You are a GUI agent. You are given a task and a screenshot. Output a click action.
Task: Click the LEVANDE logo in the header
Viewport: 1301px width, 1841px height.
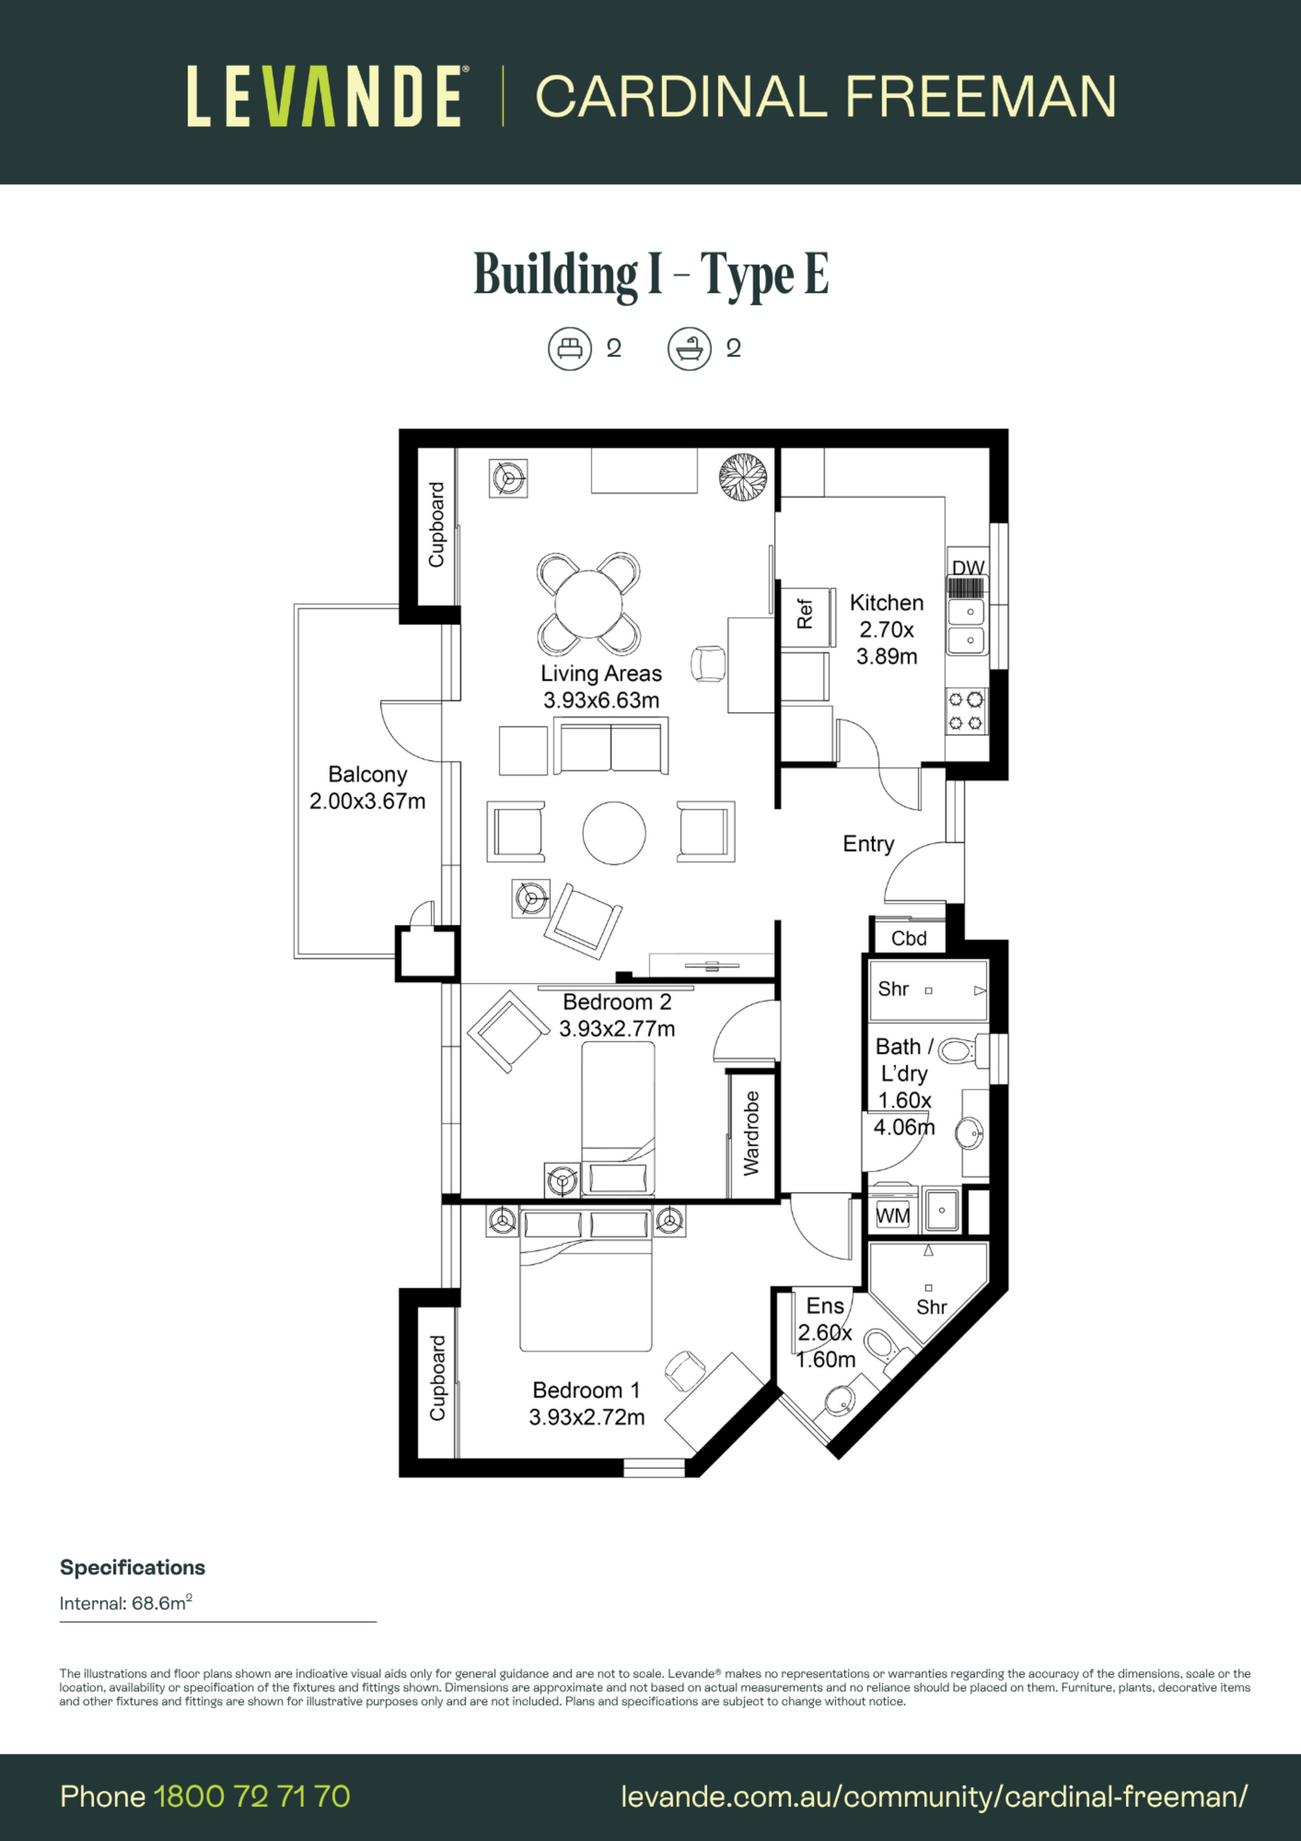point(325,96)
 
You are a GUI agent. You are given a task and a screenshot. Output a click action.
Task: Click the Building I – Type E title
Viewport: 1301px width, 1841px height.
point(651,275)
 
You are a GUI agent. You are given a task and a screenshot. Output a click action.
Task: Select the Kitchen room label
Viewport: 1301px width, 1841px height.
point(886,602)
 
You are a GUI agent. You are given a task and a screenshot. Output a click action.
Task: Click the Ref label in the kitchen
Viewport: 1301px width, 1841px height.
point(804,613)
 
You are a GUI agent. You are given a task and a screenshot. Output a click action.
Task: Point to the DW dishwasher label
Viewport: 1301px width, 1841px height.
point(968,568)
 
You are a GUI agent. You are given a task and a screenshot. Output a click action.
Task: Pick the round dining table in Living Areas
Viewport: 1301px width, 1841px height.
point(588,605)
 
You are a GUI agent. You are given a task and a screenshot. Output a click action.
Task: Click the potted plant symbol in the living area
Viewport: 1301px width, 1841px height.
point(742,478)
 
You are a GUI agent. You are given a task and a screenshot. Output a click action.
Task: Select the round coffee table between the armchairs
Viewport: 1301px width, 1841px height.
point(614,833)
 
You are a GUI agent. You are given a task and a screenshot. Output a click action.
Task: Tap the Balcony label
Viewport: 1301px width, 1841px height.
point(368,775)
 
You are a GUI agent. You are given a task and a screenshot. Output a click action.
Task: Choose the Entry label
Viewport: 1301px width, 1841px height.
point(868,845)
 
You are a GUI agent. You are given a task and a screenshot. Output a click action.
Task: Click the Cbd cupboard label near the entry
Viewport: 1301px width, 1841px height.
point(909,938)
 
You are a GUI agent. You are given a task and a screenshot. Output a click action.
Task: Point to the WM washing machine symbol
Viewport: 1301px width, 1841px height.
point(892,1216)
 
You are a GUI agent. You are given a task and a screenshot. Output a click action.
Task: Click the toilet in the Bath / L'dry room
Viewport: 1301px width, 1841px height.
point(957,1049)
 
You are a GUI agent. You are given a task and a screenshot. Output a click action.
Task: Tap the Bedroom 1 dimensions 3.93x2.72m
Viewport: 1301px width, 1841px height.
point(587,1417)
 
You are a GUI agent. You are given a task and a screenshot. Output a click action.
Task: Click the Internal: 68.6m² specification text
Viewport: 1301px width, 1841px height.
point(126,1603)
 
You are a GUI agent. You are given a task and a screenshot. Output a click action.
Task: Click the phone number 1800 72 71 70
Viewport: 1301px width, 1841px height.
point(251,1796)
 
